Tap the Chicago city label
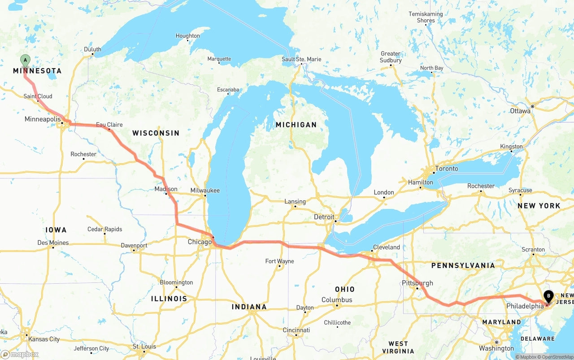coord(200,242)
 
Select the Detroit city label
coord(324,217)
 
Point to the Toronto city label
coord(447,169)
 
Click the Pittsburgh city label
coord(417,283)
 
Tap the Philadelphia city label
coord(525,306)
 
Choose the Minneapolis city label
coord(43,119)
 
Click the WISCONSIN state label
coord(156,133)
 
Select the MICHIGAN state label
coord(296,125)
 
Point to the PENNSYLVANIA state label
coord(463,265)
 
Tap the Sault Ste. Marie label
coord(301,59)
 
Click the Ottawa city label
coord(520,111)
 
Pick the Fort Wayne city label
coord(279,261)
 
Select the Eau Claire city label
coord(109,125)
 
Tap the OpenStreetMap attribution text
coord(557,357)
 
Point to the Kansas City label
coord(44,339)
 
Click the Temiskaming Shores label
coord(426,17)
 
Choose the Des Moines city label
coord(53,243)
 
